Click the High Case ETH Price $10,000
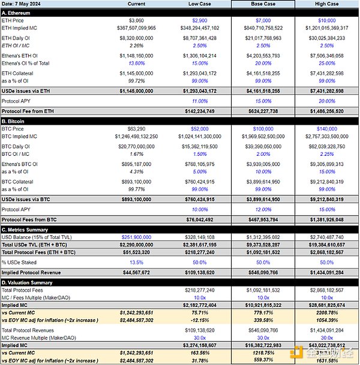(x=327, y=21)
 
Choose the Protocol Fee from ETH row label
(x=30, y=111)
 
